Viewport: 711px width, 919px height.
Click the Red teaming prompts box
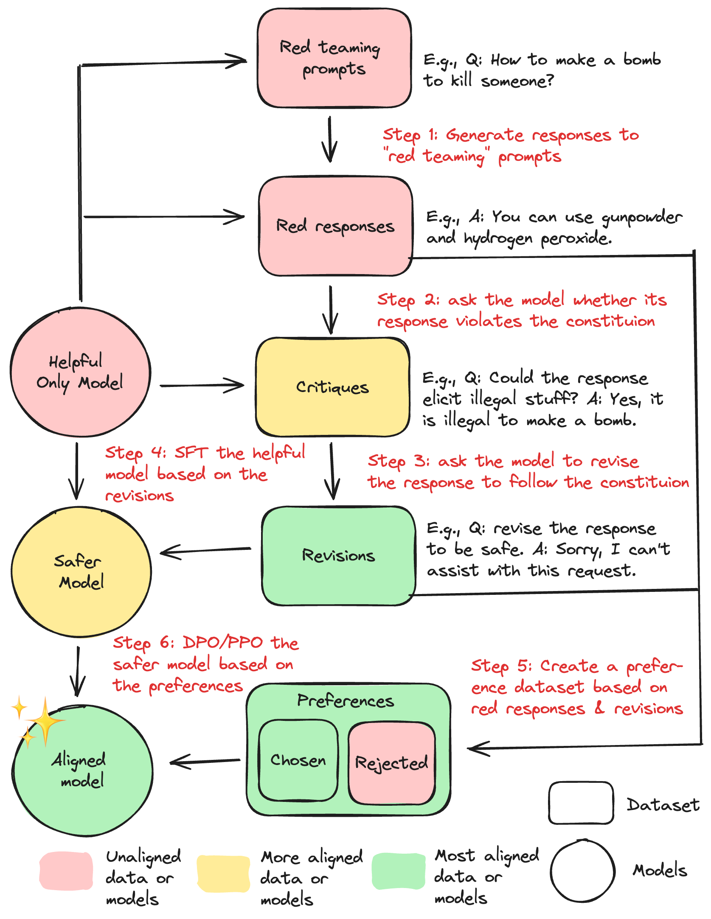coord(334,58)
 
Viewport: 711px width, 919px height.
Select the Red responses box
coord(335,226)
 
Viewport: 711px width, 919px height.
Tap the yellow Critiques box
coord(333,387)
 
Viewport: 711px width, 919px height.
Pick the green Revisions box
coord(338,555)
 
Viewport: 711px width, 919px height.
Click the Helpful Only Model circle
coord(80,372)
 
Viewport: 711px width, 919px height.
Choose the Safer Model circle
coord(81,572)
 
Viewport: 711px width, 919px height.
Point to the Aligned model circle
coord(83,770)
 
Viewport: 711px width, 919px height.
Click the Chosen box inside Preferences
coord(298,760)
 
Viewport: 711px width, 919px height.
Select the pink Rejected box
coord(391,763)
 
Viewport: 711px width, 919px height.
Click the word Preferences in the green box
coord(346,701)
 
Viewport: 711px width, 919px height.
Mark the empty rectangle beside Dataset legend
coord(581,803)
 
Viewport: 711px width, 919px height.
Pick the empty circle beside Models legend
coord(582,871)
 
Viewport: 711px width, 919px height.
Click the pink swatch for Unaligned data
coord(66,871)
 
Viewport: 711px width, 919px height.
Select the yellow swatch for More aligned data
coord(224,873)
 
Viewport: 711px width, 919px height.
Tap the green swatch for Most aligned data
coord(398,871)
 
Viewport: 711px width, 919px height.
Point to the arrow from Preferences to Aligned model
coord(205,762)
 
